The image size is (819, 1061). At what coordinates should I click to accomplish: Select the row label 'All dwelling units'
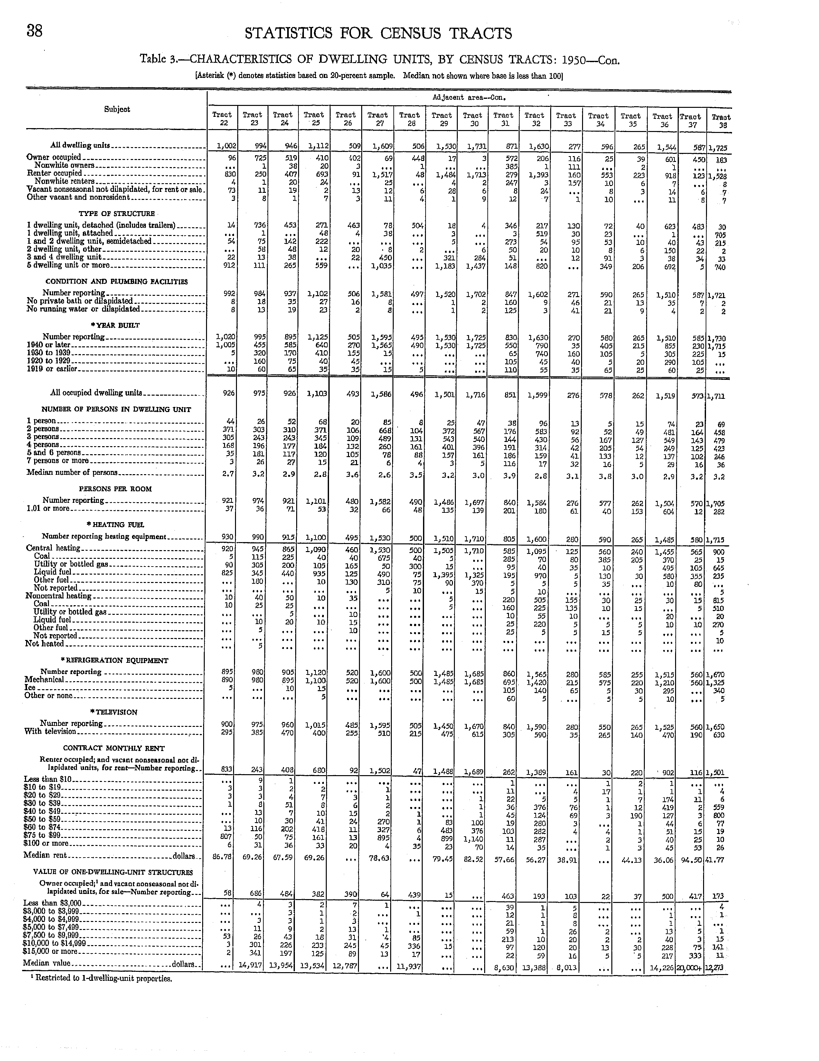pos(80,145)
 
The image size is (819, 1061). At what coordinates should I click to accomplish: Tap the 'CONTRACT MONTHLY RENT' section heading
pos(114,748)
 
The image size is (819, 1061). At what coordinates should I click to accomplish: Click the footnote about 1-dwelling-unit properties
pos(100,978)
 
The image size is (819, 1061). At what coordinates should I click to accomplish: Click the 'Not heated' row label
pos(45,644)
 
